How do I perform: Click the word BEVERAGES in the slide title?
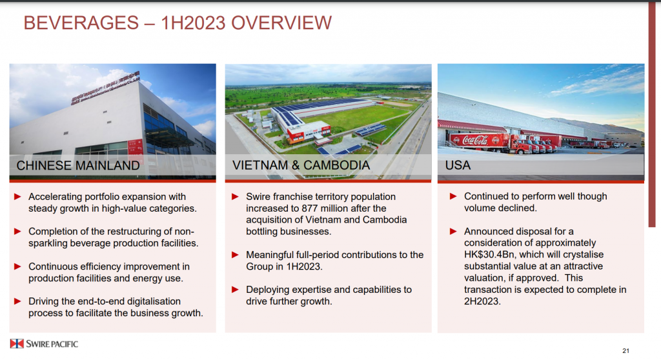tap(81, 23)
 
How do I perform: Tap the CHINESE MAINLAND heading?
tap(78, 165)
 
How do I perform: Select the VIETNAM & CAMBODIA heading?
tap(301, 165)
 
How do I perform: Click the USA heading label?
tap(458, 165)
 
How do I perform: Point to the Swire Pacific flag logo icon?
tap(17, 344)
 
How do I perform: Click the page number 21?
tap(625, 351)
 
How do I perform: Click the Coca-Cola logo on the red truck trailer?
tap(475, 140)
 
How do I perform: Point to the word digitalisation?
tap(154, 301)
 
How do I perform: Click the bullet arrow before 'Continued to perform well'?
tap(453, 196)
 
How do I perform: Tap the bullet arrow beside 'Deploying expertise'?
tap(235, 290)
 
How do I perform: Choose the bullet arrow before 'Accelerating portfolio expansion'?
tap(17, 196)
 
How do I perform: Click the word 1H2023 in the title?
tap(192, 23)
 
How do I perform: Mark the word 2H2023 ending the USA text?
tap(482, 301)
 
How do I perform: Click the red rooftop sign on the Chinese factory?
tap(105, 87)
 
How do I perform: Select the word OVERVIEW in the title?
tap(281, 23)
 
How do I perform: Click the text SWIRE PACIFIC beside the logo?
tap(52, 344)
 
